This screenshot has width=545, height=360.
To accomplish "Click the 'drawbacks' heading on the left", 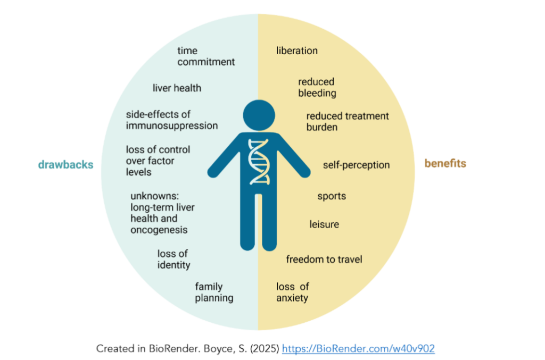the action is (65, 164).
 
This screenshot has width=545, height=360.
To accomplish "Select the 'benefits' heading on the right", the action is (445, 163).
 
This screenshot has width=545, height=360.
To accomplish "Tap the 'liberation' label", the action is (297, 51).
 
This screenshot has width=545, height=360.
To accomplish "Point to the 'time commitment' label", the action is (206, 56).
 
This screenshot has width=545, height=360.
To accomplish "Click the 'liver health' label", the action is (177, 88).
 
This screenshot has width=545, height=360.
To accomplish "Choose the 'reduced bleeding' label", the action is (317, 88).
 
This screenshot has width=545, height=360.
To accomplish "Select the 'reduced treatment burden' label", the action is (348, 121).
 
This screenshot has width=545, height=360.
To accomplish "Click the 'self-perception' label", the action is (356, 165).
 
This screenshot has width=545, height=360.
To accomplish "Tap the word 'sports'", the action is (332, 197).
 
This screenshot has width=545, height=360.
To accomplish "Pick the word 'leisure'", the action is (324, 224).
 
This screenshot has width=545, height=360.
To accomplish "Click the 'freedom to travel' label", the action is (324, 259).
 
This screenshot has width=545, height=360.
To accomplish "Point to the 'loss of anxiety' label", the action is (292, 292).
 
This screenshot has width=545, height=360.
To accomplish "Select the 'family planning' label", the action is (214, 292).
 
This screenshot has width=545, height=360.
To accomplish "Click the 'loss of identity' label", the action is (174, 259).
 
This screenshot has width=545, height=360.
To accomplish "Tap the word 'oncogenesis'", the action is (159, 230).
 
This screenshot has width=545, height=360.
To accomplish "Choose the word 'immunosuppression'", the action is (172, 125).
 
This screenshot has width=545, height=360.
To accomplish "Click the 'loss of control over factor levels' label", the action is (158, 161).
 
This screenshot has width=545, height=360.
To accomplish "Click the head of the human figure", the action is (259, 115).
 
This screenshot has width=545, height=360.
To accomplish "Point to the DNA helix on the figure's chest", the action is (259, 162).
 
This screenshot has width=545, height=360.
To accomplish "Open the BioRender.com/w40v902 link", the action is (358, 348).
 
